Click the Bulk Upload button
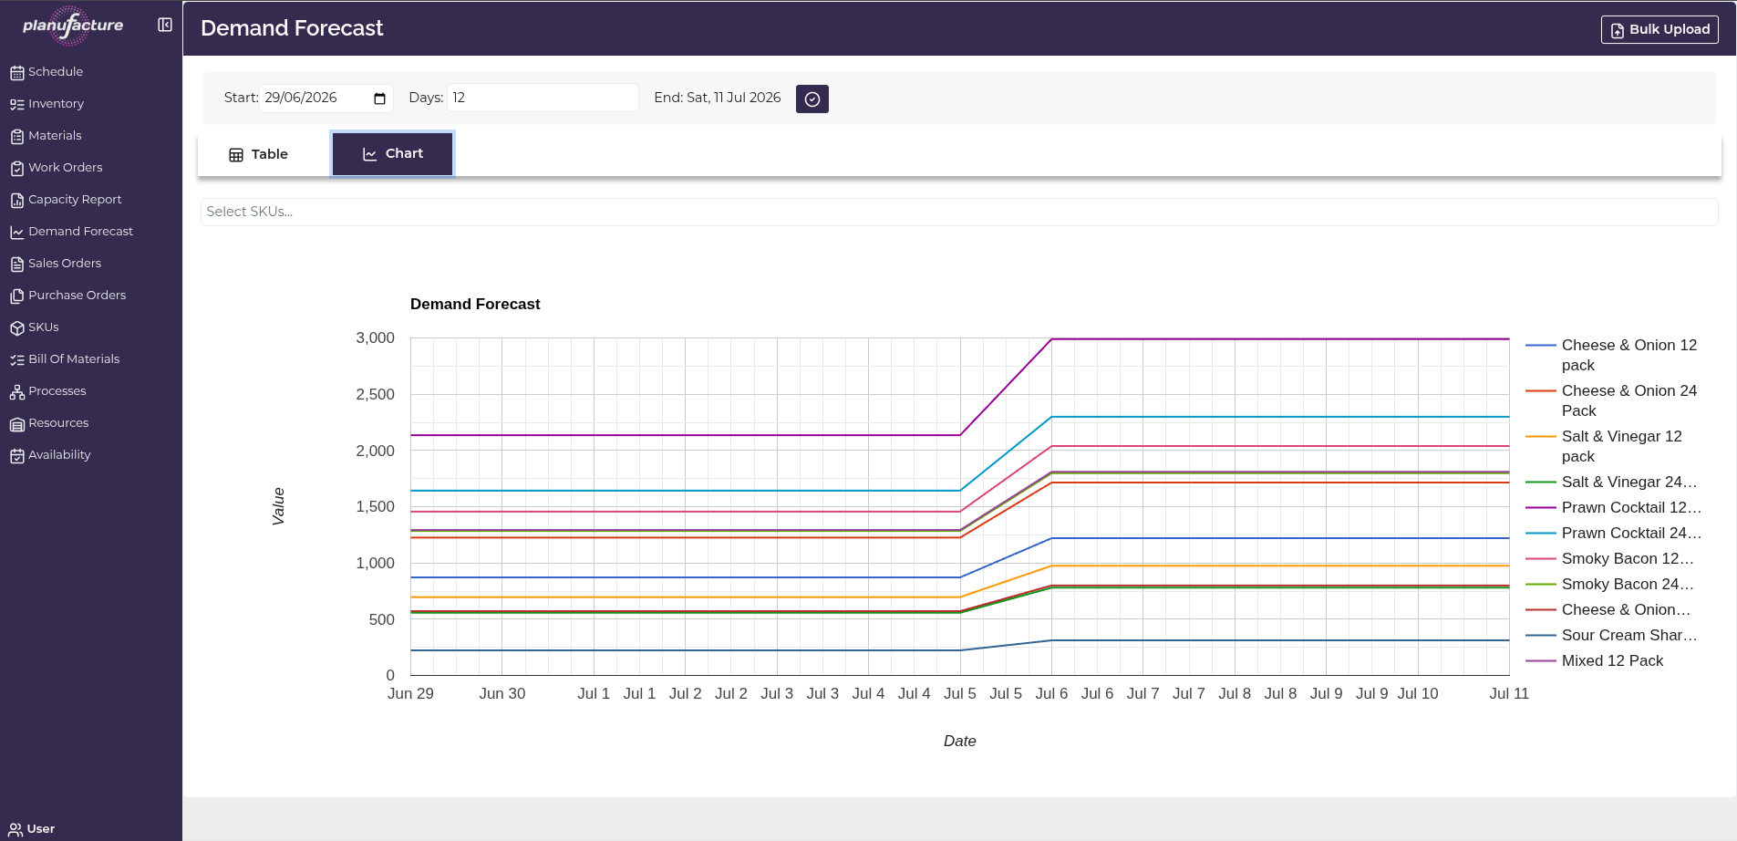[1659, 29]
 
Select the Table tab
[259, 154]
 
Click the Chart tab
[393, 153]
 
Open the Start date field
[326, 98]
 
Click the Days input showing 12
[543, 98]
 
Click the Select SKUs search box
[959, 212]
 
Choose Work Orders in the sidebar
[57, 168]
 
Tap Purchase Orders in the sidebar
[68, 296]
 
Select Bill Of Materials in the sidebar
[65, 359]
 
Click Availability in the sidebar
[50, 455]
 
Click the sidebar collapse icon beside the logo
[165, 25]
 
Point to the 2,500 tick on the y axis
[375, 394]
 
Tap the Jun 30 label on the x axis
[502, 693]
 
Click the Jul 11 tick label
[1509, 693]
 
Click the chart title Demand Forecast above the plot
[475, 304]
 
